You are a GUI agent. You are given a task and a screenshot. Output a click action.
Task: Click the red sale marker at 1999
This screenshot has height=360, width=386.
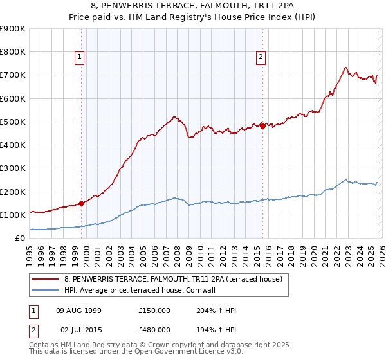pyautogui.click(x=82, y=203)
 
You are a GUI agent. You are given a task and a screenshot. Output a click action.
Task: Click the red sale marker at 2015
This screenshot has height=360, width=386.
pyautogui.click(x=262, y=127)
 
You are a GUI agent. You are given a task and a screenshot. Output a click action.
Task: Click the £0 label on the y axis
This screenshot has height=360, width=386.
pyautogui.click(x=19, y=238)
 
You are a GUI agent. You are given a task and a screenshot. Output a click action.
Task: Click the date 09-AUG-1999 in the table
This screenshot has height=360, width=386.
pyautogui.click(x=78, y=310)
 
